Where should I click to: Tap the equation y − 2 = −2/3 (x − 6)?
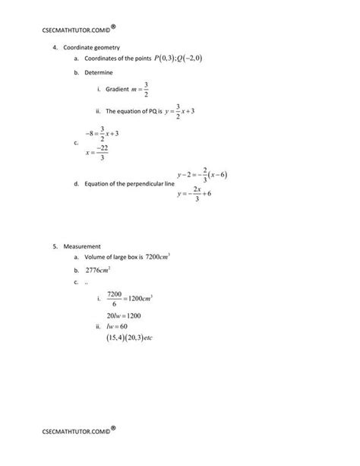202,175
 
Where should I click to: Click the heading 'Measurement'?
82,246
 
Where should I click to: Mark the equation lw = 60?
117,325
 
